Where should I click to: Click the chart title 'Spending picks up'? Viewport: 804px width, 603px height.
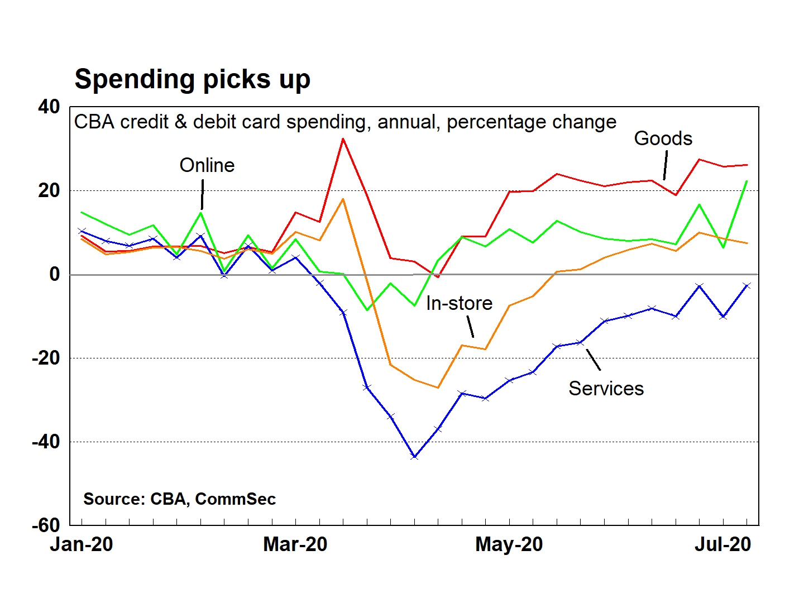pyautogui.click(x=192, y=79)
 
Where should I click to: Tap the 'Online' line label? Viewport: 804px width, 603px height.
pyautogui.click(x=207, y=165)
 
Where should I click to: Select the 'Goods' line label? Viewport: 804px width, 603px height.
pyautogui.click(x=663, y=138)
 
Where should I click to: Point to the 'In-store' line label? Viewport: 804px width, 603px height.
pyautogui.click(x=459, y=303)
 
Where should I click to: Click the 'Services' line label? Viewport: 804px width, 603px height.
pyautogui.click(x=606, y=389)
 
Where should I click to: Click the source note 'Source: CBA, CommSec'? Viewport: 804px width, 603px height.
pyautogui.click(x=179, y=499)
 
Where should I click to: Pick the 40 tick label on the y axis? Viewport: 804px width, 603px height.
pyautogui.click(x=49, y=107)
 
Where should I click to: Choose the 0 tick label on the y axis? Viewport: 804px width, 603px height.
pyautogui.click(x=54, y=274)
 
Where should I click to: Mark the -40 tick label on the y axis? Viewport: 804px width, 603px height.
pyautogui.click(x=46, y=442)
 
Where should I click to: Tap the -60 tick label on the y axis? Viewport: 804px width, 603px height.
pyautogui.click(x=46, y=525)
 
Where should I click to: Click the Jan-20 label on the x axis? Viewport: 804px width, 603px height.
pyautogui.click(x=82, y=544)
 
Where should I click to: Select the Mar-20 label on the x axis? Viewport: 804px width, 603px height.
pyautogui.click(x=295, y=544)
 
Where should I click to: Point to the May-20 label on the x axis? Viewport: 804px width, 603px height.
pyautogui.click(x=509, y=544)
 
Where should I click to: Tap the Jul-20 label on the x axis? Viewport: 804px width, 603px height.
pyautogui.click(x=722, y=544)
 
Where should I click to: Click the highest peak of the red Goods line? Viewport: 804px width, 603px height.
pyautogui.click(x=343, y=138)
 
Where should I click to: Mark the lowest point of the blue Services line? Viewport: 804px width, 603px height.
pyautogui.click(x=414, y=457)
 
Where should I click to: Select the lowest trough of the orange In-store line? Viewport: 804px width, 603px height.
pyautogui.click(x=438, y=387)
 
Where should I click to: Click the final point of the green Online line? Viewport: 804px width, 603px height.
pyautogui.click(x=747, y=181)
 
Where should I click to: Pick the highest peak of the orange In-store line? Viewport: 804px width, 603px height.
pyautogui.click(x=343, y=199)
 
